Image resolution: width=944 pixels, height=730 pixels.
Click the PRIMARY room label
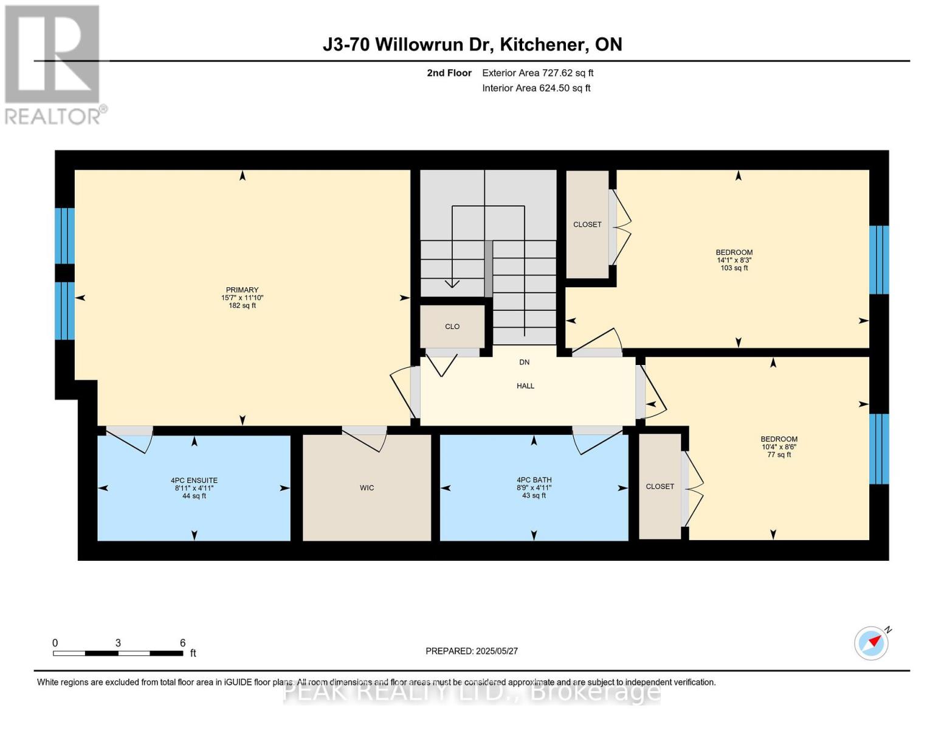click(242, 290)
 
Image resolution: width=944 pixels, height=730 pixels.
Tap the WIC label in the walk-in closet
click(367, 488)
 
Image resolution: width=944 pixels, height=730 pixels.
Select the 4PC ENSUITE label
click(194, 481)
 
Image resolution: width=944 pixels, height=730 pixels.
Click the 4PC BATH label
click(534, 480)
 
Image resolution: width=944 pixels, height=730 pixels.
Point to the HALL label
click(525, 386)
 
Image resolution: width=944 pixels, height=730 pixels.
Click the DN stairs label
click(524, 363)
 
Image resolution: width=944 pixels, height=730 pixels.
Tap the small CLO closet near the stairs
click(452, 327)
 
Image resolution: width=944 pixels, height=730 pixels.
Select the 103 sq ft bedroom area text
click(734, 268)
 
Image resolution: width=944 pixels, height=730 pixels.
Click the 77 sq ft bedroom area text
click(779, 455)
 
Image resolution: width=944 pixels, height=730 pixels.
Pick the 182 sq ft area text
click(242, 306)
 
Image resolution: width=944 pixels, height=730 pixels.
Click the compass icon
click(871, 642)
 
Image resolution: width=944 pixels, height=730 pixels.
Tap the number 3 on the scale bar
click(118, 643)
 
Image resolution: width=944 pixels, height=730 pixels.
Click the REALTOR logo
click(53, 64)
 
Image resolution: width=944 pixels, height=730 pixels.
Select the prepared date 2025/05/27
click(497, 651)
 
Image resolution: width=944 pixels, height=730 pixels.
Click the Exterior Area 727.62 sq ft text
click(537, 73)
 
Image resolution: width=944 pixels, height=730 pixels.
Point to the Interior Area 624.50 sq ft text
click(536, 88)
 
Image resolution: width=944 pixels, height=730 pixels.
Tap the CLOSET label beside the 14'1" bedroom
click(587, 224)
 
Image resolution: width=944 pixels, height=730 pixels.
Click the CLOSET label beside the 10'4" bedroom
click(660, 487)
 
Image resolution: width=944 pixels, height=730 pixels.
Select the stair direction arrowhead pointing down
click(452, 283)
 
